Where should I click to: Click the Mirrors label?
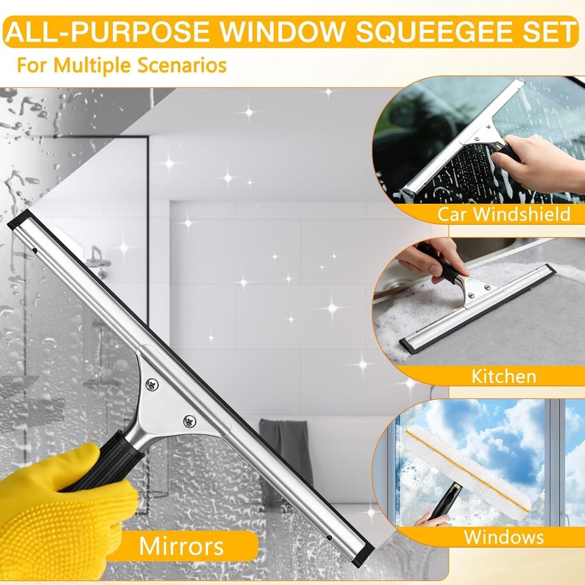tap(181, 546)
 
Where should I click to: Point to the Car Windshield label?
tap(504, 214)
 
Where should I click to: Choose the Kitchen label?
tap(504, 376)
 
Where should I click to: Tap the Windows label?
tap(504, 536)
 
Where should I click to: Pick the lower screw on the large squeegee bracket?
tap(190, 419)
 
